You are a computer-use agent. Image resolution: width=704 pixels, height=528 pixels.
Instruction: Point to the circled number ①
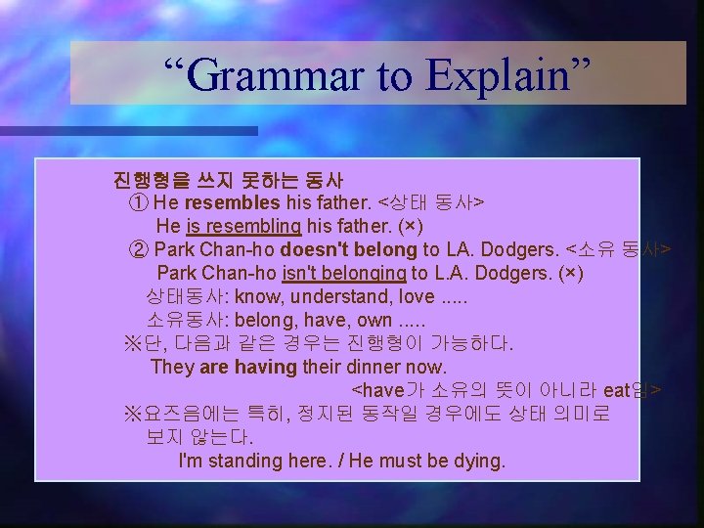pyautogui.click(x=140, y=203)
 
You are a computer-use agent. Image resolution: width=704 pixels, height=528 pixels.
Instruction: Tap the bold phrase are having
pyautogui.click(x=247, y=367)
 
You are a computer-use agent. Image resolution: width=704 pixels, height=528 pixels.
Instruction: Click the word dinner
pyautogui.click(x=376, y=367)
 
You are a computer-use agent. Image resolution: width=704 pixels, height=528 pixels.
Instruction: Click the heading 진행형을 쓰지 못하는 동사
pyautogui.click(x=227, y=180)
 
